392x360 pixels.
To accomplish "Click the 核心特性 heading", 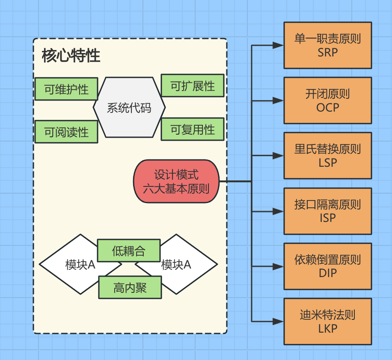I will click(71, 56).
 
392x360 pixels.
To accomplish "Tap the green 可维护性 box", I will click(66, 89).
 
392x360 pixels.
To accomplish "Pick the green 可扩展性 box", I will click(193, 86).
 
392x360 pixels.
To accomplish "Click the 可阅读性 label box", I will click(66, 132).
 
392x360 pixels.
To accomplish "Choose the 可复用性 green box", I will click(193, 129).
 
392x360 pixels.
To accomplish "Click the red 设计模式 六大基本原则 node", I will click(176, 181).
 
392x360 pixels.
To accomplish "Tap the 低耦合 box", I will click(129, 251).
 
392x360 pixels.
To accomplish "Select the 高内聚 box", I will click(130, 287).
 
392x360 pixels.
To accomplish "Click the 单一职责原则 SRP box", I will click(328, 45).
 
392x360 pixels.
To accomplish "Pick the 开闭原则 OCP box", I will click(328, 100).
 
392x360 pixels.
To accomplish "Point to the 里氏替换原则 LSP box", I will click(328, 156).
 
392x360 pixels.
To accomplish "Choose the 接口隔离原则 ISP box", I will click(328, 211).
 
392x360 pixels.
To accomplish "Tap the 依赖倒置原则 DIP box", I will click(328, 266).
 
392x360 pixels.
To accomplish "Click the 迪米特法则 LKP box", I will click(328, 322).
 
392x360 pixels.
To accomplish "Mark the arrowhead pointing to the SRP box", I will click(279, 45).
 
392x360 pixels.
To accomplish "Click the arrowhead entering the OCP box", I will click(279, 101).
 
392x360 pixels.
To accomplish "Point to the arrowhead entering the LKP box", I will click(279, 322).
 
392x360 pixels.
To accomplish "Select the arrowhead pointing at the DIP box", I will click(279, 266).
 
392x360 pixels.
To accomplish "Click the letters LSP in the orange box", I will click(328, 163).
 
